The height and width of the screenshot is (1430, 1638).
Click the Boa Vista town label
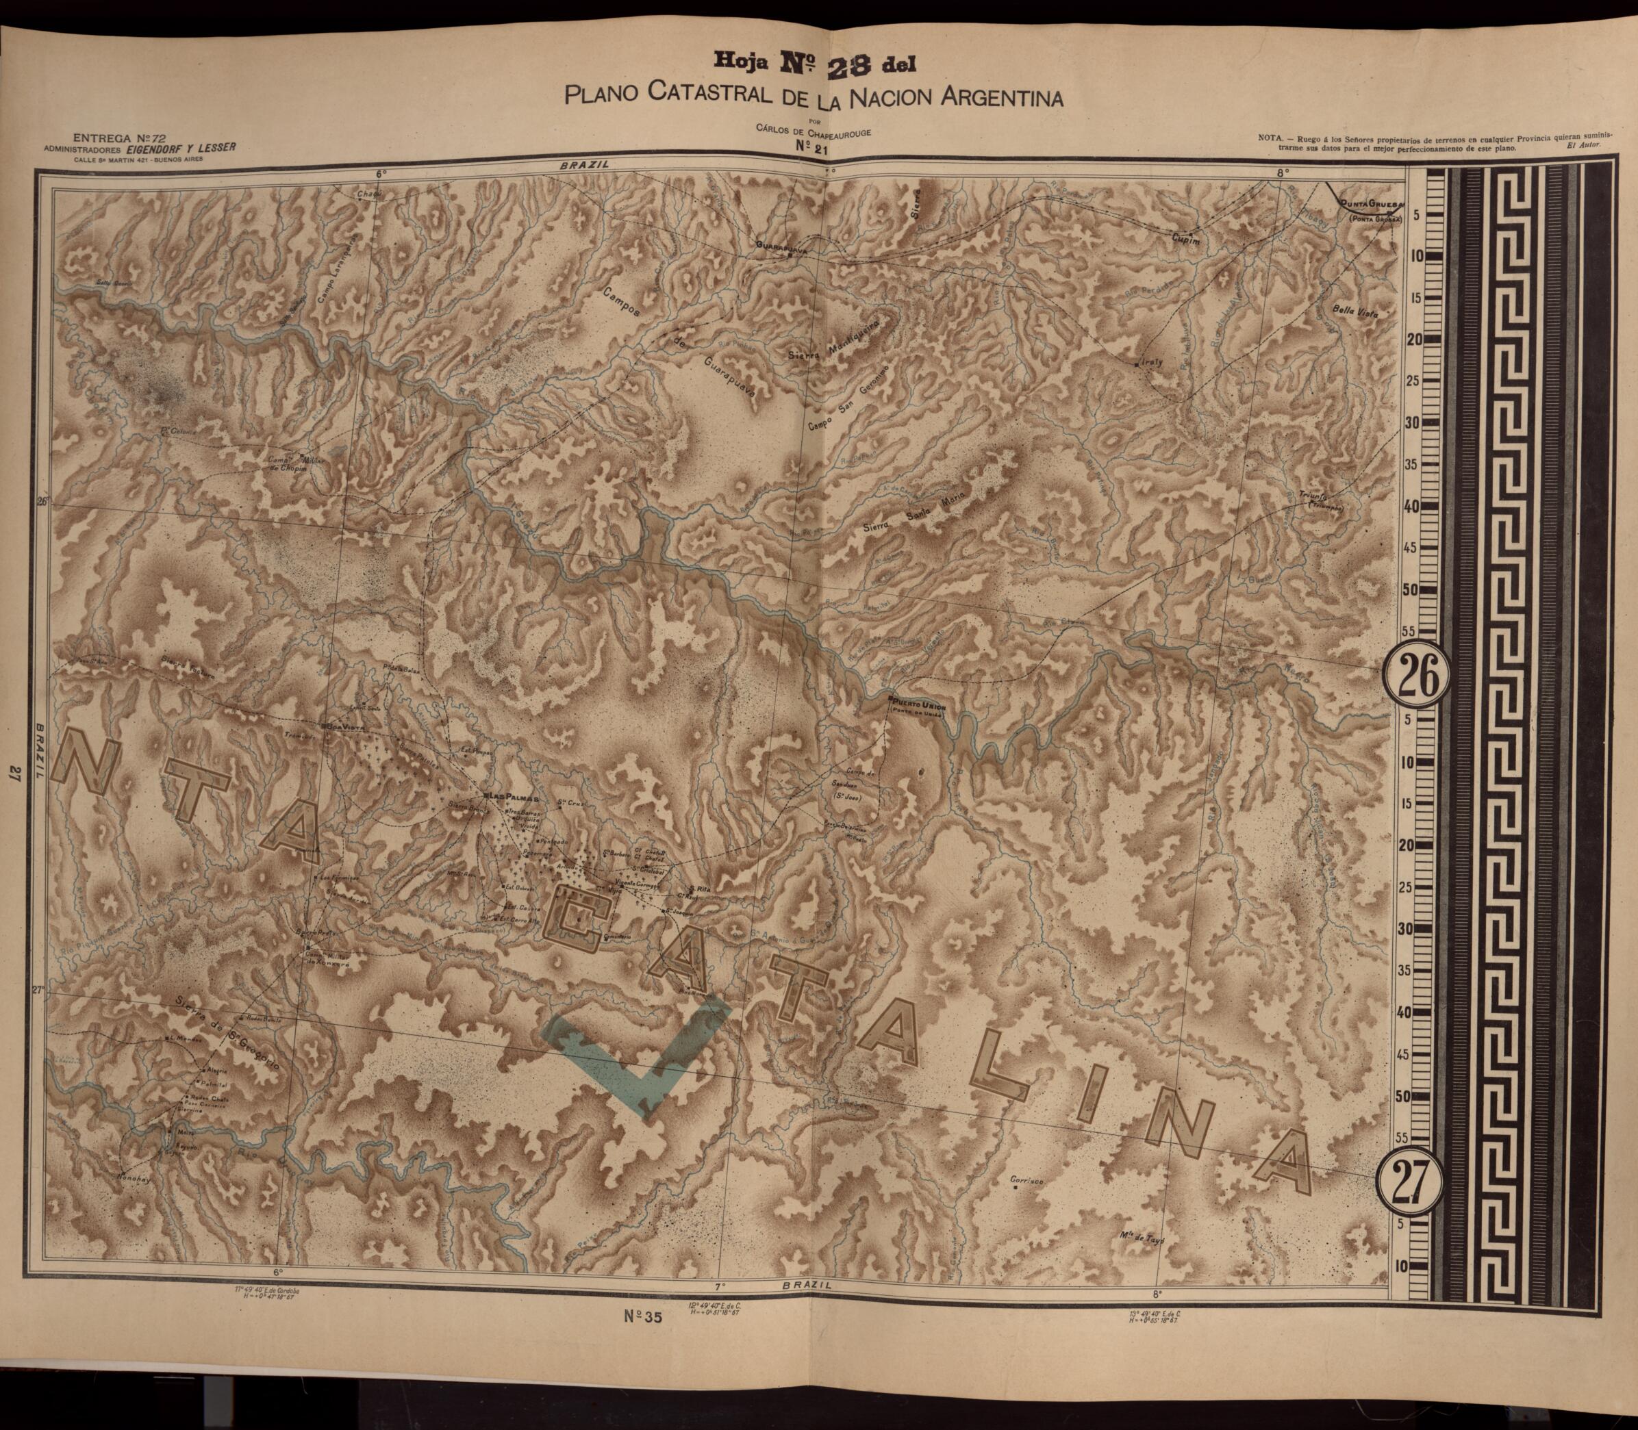coord(346,727)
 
